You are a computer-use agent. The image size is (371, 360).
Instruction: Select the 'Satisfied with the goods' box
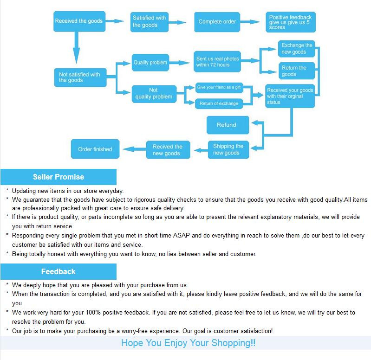point(149,21)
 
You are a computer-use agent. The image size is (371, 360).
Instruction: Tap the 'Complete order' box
point(217,21)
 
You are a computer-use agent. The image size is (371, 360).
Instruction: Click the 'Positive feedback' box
point(290,22)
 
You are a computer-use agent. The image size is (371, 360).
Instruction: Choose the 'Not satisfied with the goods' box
point(79,77)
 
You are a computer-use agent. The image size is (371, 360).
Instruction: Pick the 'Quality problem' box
point(150,62)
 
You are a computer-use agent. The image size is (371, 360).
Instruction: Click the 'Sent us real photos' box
point(217,62)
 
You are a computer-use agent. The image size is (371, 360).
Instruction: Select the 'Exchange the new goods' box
point(296,49)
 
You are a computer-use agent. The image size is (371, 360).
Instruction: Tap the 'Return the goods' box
point(296,71)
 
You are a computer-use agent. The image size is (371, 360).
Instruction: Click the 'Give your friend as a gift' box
point(218,87)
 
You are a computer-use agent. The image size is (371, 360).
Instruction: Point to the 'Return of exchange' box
point(218,103)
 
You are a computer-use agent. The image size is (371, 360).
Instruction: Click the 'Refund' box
point(227,125)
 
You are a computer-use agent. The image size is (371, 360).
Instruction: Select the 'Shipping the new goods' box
point(228,149)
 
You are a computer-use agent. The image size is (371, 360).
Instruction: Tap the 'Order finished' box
point(95,149)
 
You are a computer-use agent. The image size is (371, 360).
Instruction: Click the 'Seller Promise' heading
point(59,177)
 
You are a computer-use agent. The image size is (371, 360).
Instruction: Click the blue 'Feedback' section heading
point(58,271)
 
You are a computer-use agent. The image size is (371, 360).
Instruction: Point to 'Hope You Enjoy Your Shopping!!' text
point(188,343)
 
